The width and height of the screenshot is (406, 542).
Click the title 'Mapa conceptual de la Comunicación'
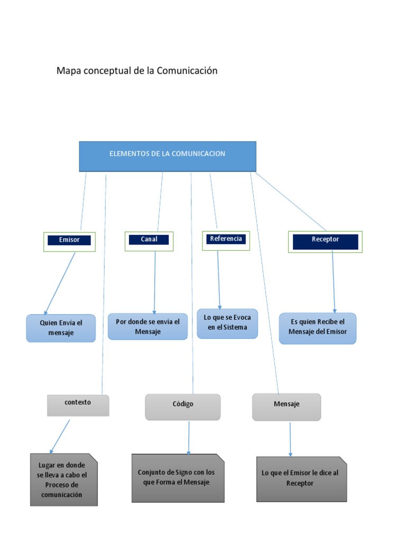(137, 71)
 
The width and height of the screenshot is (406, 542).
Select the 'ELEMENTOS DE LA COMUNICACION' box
(168, 156)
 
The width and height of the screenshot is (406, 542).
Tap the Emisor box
(69, 240)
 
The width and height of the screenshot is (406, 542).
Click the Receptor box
(325, 241)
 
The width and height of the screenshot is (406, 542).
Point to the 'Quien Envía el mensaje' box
(61, 328)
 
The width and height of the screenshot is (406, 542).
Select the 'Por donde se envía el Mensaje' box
(147, 326)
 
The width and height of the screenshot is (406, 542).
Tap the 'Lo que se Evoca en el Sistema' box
(227, 323)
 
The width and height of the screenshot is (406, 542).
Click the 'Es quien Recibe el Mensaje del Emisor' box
(317, 328)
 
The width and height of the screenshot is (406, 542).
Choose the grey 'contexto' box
(78, 405)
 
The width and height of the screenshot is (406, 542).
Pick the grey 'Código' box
(182, 406)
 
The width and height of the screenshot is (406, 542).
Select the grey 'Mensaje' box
(286, 406)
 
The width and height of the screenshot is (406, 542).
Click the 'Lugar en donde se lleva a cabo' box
(63, 480)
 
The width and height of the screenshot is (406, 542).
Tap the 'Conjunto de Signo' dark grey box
(178, 477)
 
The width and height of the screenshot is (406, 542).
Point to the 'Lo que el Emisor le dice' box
(301, 478)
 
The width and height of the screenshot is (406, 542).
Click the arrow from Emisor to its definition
(60, 283)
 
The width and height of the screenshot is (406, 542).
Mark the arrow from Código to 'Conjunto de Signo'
(189, 437)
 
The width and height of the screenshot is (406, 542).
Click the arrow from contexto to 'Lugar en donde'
(60, 436)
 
